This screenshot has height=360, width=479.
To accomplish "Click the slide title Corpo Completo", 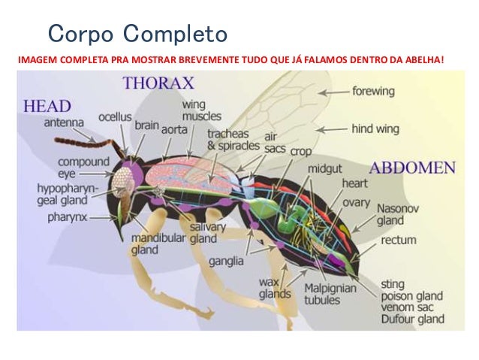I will pyautogui.click(x=137, y=34).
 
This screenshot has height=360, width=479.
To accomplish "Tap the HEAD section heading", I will pyautogui.click(x=48, y=106).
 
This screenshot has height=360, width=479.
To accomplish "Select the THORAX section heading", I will pyautogui.click(x=158, y=83).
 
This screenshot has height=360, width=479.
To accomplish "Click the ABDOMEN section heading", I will pyautogui.click(x=412, y=167).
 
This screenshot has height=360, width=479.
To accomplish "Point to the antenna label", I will pyautogui.click(x=64, y=122).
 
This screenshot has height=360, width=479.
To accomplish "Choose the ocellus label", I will pyautogui.click(x=115, y=118).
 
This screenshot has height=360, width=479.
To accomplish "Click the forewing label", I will pyautogui.click(x=373, y=91).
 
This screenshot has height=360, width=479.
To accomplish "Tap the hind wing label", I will pyautogui.click(x=375, y=129).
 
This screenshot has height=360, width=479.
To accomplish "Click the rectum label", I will pyautogui.click(x=399, y=241).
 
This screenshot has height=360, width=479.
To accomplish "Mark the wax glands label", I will pyautogui.click(x=274, y=288).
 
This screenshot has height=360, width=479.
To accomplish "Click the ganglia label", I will pyautogui.click(x=226, y=261).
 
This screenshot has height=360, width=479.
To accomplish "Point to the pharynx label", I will pyautogui.click(x=68, y=217).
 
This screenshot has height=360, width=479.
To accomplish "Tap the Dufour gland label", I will pyautogui.click(x=411, y=319).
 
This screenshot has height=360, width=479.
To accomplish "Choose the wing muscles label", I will pyautogui.click(x=202, y=111).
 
